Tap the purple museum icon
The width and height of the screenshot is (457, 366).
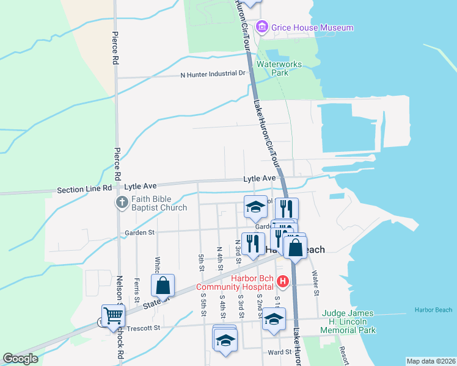262,27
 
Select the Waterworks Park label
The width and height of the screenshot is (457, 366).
272,68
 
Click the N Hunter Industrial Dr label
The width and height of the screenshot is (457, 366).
212,74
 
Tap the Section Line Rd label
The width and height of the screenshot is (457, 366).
85,190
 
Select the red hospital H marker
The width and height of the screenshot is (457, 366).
282,281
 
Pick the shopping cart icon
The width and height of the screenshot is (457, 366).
114,315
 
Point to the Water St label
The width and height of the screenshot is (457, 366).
316,283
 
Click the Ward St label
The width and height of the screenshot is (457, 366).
279,352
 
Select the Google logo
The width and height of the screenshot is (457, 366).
20,359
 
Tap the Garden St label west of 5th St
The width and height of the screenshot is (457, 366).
140,232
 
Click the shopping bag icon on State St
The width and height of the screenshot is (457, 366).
164,285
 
